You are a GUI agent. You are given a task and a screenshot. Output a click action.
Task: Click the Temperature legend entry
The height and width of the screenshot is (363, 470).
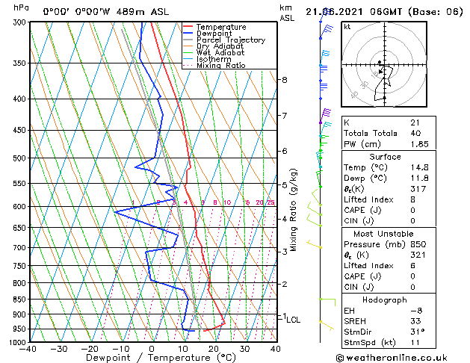pyautogui.click(x=221, y=27)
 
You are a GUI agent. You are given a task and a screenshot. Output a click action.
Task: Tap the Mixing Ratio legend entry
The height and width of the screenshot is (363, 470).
pyautogui.click(x=220, y=66)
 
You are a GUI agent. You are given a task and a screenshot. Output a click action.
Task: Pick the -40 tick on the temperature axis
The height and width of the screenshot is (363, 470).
pyautogui.click(x=28, y=348)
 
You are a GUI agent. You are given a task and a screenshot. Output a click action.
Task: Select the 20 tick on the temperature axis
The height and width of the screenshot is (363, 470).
pyautogui.click(x=213, y=348)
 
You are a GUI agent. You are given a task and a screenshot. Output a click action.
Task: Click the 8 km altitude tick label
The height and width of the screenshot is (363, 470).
pyautogui.click(x=284, y=80)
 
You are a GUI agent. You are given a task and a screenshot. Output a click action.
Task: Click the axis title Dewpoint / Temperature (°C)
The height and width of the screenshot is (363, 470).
pyautogui.click(x=150, y=358)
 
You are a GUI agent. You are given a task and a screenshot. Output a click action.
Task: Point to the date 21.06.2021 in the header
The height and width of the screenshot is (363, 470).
pyautogui.click(x=337, y=11)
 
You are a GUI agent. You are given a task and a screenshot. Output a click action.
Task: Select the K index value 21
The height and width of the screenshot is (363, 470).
pyautogui.click(x=415, y=122)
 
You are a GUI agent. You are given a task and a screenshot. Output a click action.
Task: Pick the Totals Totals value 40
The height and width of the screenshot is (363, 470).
pyautogui.click(x=415, y=133)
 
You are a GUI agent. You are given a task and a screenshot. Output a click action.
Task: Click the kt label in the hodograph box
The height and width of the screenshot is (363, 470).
pyautogui.click(x=347, y=27)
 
